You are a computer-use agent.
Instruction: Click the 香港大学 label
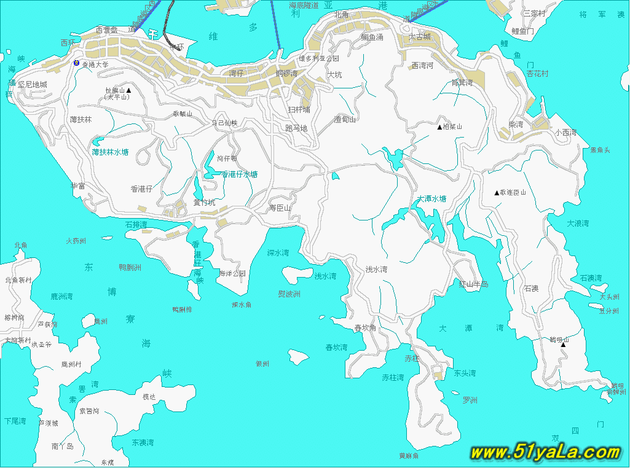[x=95, y=64]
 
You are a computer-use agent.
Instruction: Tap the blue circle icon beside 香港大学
[x=76, y=63]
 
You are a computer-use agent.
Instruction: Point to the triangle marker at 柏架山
[x=439, y=128]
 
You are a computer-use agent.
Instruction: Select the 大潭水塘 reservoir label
[x=431, y=199]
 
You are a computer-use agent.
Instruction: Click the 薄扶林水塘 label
[x=110, y=152]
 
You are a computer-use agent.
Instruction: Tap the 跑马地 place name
[x=296, y=128]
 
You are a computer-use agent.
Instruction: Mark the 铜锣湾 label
[x=287, y=73]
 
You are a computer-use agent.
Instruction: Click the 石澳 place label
[x=532, y=288]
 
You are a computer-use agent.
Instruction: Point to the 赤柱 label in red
[x=411, y=358]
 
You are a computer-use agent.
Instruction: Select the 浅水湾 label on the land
[x=377, y=269]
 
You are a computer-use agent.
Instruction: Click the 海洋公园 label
[x=232, y=273]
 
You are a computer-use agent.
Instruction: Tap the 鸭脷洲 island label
[x=130, y=267]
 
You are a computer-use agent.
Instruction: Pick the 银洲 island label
[x=262, y=364]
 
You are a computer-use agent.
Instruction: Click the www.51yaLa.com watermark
[x=545, y=453]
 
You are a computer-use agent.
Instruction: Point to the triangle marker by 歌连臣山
[x=497, y=193]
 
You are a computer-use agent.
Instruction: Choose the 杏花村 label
[x=537, y=73]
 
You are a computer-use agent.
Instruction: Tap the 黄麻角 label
[x=409, y=456]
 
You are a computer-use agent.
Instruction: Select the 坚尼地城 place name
[x=33, y=84]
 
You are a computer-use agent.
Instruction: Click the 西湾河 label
[x=422, y=65]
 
